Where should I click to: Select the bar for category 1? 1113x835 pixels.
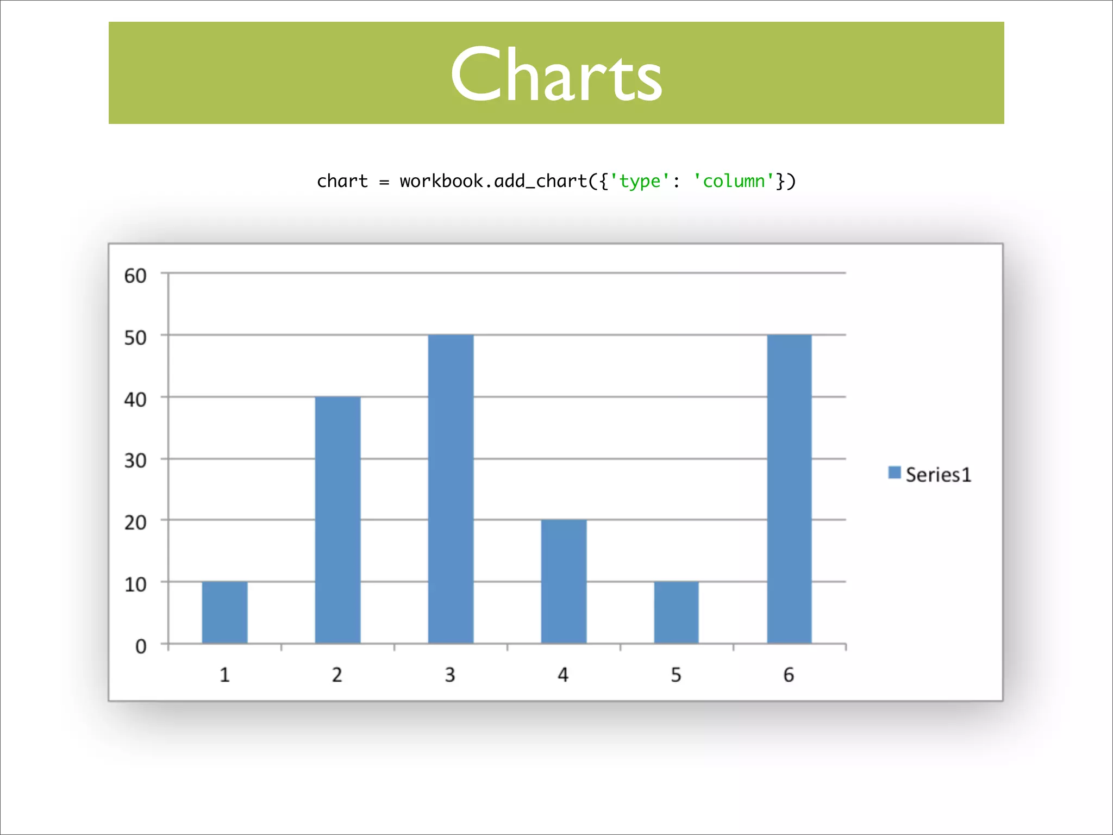(x=224, y=613)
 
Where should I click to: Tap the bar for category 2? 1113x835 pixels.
(x=337, y=520)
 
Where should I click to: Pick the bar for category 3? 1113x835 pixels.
(x=451, y=489)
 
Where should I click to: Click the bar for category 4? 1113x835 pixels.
(x=564, y=582)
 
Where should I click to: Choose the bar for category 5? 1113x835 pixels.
(x=676, y=613)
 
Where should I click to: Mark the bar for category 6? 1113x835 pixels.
(x=789, y=489)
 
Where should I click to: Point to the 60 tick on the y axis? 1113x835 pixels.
(x=135, y=276)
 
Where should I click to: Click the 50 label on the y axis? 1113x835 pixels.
(x=135, y=338)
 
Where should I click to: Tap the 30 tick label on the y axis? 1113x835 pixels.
(x=135, y=460)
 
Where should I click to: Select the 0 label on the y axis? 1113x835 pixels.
(x=141, y=646)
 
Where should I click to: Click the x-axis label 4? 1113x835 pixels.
(x=563, y=675)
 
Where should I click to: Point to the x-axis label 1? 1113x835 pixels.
(x=224, y=675)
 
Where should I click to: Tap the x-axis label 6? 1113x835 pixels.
(x=789, y=675)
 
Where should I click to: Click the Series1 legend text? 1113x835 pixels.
(x=938, y=475)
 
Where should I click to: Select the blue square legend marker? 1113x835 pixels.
(x=894, y=472)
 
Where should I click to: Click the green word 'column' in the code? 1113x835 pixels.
(x=734, y=180)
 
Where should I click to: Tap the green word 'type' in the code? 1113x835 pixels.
(x=640, y=182)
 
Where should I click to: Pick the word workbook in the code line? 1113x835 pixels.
(x=441, y=180)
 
